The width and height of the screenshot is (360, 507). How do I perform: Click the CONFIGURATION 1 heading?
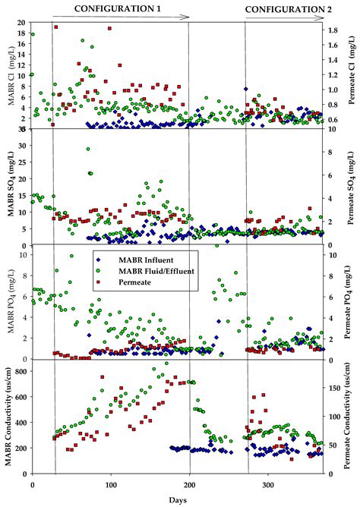point(117,7)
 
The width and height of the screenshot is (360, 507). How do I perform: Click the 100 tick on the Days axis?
point(112,483)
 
